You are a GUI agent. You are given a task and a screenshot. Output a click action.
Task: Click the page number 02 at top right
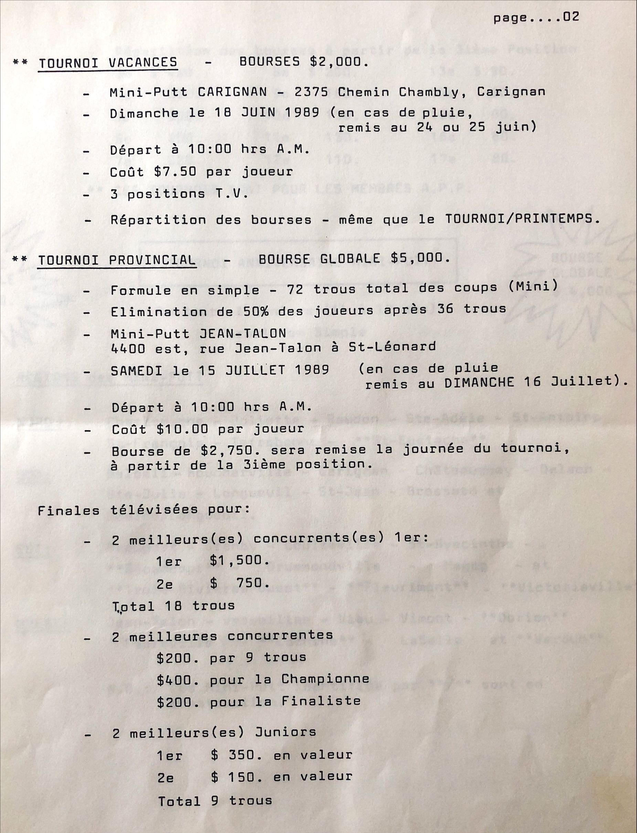(x=571, y=18)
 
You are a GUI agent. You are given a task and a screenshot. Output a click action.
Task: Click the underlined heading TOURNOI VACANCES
(x=108, y=63)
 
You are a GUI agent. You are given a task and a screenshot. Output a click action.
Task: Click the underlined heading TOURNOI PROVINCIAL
(x=117, y=260)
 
